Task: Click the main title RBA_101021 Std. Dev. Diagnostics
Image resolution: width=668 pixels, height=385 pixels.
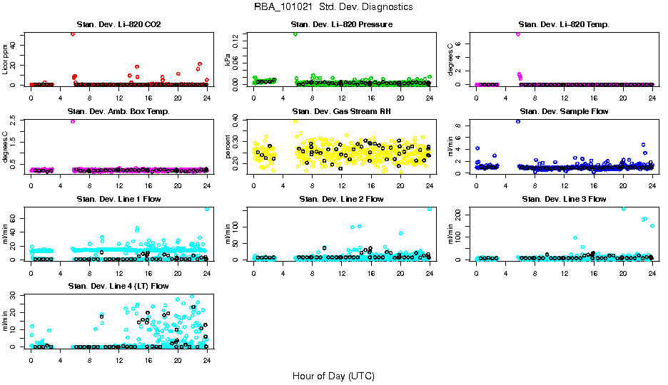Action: (333, 7)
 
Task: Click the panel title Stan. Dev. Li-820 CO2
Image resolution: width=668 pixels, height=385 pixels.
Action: (118, 25)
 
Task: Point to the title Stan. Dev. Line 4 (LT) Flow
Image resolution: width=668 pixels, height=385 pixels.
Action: (118, 286)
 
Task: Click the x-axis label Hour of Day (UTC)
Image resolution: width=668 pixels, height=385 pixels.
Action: (333, 376)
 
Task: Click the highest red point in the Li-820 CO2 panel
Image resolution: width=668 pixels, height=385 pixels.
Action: (73, 34)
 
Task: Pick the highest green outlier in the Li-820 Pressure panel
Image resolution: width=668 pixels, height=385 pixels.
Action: (295, 34)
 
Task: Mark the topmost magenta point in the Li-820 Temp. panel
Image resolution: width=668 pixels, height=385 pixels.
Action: (517, 34)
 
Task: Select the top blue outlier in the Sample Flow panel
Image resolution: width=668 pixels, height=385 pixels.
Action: (517, 121)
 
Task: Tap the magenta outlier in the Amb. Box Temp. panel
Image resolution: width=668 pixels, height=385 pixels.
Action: (73, 121)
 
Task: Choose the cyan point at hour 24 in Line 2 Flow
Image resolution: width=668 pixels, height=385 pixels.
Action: (430, 208)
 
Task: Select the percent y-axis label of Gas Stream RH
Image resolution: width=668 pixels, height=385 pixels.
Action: (228, 147)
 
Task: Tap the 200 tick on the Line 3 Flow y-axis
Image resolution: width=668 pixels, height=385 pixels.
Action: (462, 213)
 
